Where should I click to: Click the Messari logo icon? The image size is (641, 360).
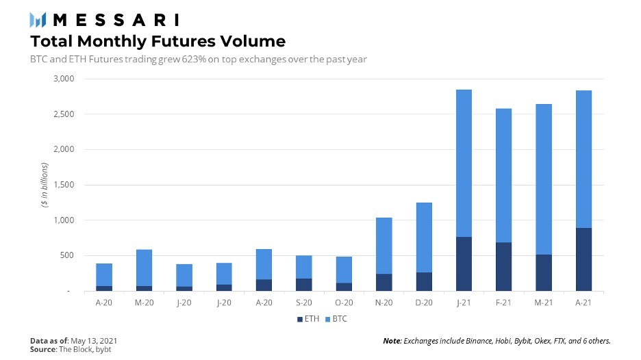(x=38, y=19)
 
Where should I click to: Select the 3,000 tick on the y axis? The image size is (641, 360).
(x=64, y=79)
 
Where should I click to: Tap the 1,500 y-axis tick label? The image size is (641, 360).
(x=64, y=185)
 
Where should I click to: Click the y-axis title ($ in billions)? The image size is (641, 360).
(x=45, y=185)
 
